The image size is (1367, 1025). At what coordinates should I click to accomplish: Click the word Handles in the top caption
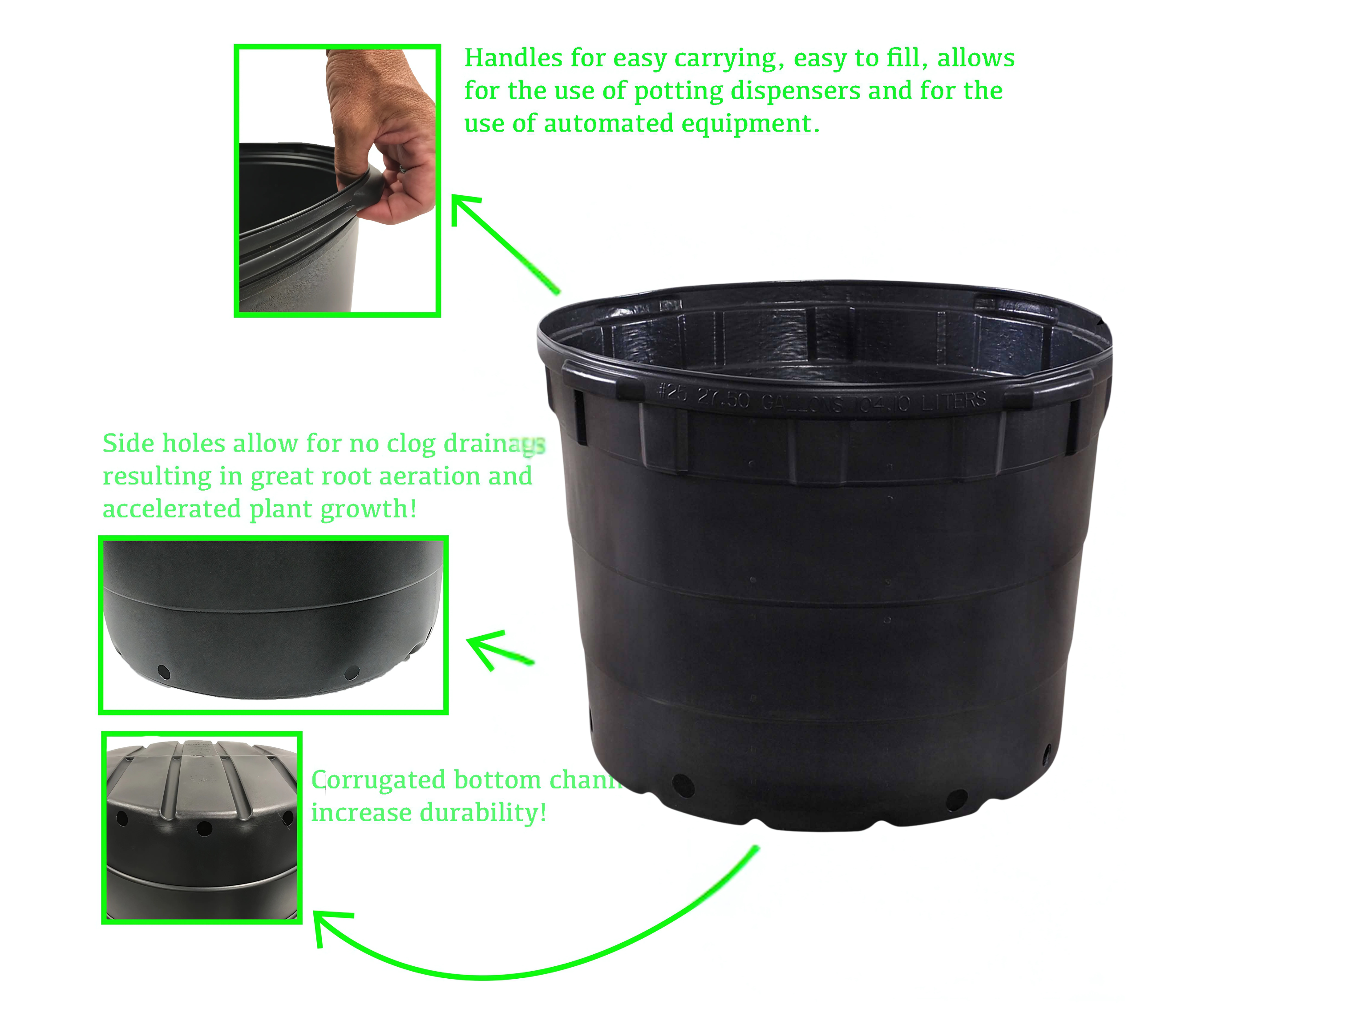pos(513,58)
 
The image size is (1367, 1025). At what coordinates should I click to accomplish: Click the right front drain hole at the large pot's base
pos(957,799)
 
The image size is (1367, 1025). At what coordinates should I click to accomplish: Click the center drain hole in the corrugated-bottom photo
pos(204,828)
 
